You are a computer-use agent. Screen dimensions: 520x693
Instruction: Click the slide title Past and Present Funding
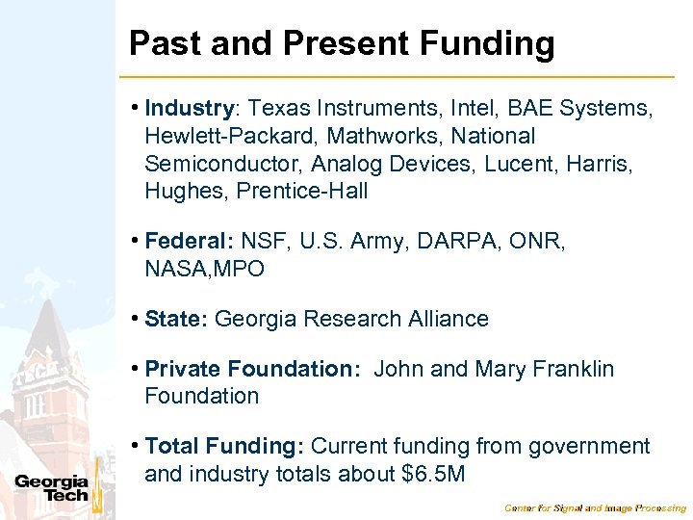(342, 43)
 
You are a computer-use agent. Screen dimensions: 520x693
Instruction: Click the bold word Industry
(190, 109)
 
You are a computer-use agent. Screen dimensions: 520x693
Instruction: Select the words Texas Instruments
(338, 109)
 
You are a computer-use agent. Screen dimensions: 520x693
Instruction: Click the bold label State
(176, 319)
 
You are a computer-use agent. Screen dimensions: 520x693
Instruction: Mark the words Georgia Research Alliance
(351, 319)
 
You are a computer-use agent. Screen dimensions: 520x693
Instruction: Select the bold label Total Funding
(224, 447)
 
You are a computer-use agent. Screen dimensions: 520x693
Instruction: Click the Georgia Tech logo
(52, 488)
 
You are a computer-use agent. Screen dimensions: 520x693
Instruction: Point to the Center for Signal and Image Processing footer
(596, 507)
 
